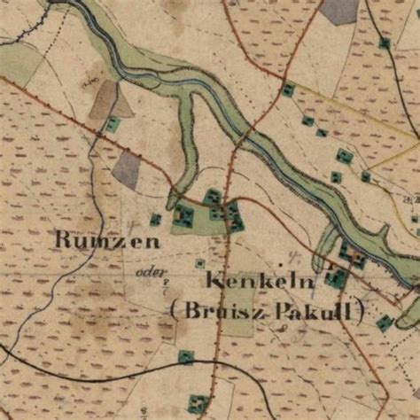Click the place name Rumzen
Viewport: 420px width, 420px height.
click(x=107, y=240)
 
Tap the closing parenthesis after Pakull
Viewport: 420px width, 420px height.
click(x=361, y=312)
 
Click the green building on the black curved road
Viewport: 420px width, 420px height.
click(x=185, y=357)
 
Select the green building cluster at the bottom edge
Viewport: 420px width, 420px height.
click(x=198, y=404)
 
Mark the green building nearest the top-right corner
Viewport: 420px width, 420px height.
click(x=384, y=42)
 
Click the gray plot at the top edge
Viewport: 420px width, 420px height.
click(x=339, y=10)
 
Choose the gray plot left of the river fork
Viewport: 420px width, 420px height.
click(x=127, y=169)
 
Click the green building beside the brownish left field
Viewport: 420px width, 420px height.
click(x=113, y=124)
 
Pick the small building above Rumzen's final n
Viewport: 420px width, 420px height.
click(x=156, y=219)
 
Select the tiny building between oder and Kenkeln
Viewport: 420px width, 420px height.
click(x=199, y=263)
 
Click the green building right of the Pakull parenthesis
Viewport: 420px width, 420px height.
click(x=384, y=323)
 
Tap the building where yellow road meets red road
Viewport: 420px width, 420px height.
click(x=288, y=89)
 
